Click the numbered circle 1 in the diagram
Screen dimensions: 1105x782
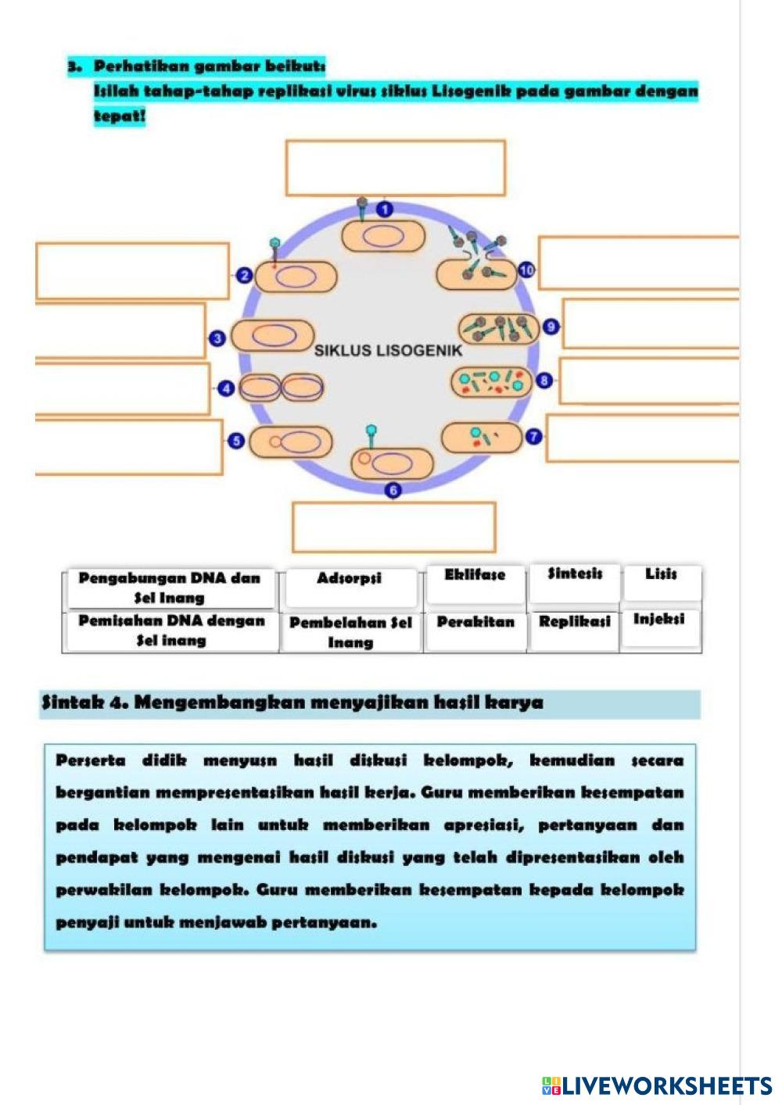click(x=385, y=209)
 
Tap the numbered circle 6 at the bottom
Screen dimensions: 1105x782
click(x=393, y=491)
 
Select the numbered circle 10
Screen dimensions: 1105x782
click(x=526, y=270)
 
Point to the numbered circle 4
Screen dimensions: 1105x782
click(x=226, y=388)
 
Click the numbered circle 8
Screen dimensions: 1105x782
click(x=544, y=381)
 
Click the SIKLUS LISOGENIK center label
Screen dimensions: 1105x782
click(x=388, y=350)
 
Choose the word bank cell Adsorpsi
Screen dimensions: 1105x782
click(x=349, y=579)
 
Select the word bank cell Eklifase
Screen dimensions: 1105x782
click(x=475, y=576)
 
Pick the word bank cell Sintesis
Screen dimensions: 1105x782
click(x=575, y=574)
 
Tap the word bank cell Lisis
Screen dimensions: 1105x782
click(x=661, y=574)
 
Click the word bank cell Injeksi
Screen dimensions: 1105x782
click(x=658, y=620)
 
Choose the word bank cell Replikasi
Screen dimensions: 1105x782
click(x=574, y=623)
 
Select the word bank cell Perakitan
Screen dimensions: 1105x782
click(x=475, y=623)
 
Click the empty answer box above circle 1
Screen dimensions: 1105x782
click(x=395, y=168)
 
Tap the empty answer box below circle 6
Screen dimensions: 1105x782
click(x=393, y=527)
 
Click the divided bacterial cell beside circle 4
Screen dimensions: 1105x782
click(x=281, y=388)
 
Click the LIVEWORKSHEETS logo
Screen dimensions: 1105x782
click(x=657, y=1085)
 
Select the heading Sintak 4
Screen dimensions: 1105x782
click(x=292, y=703)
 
